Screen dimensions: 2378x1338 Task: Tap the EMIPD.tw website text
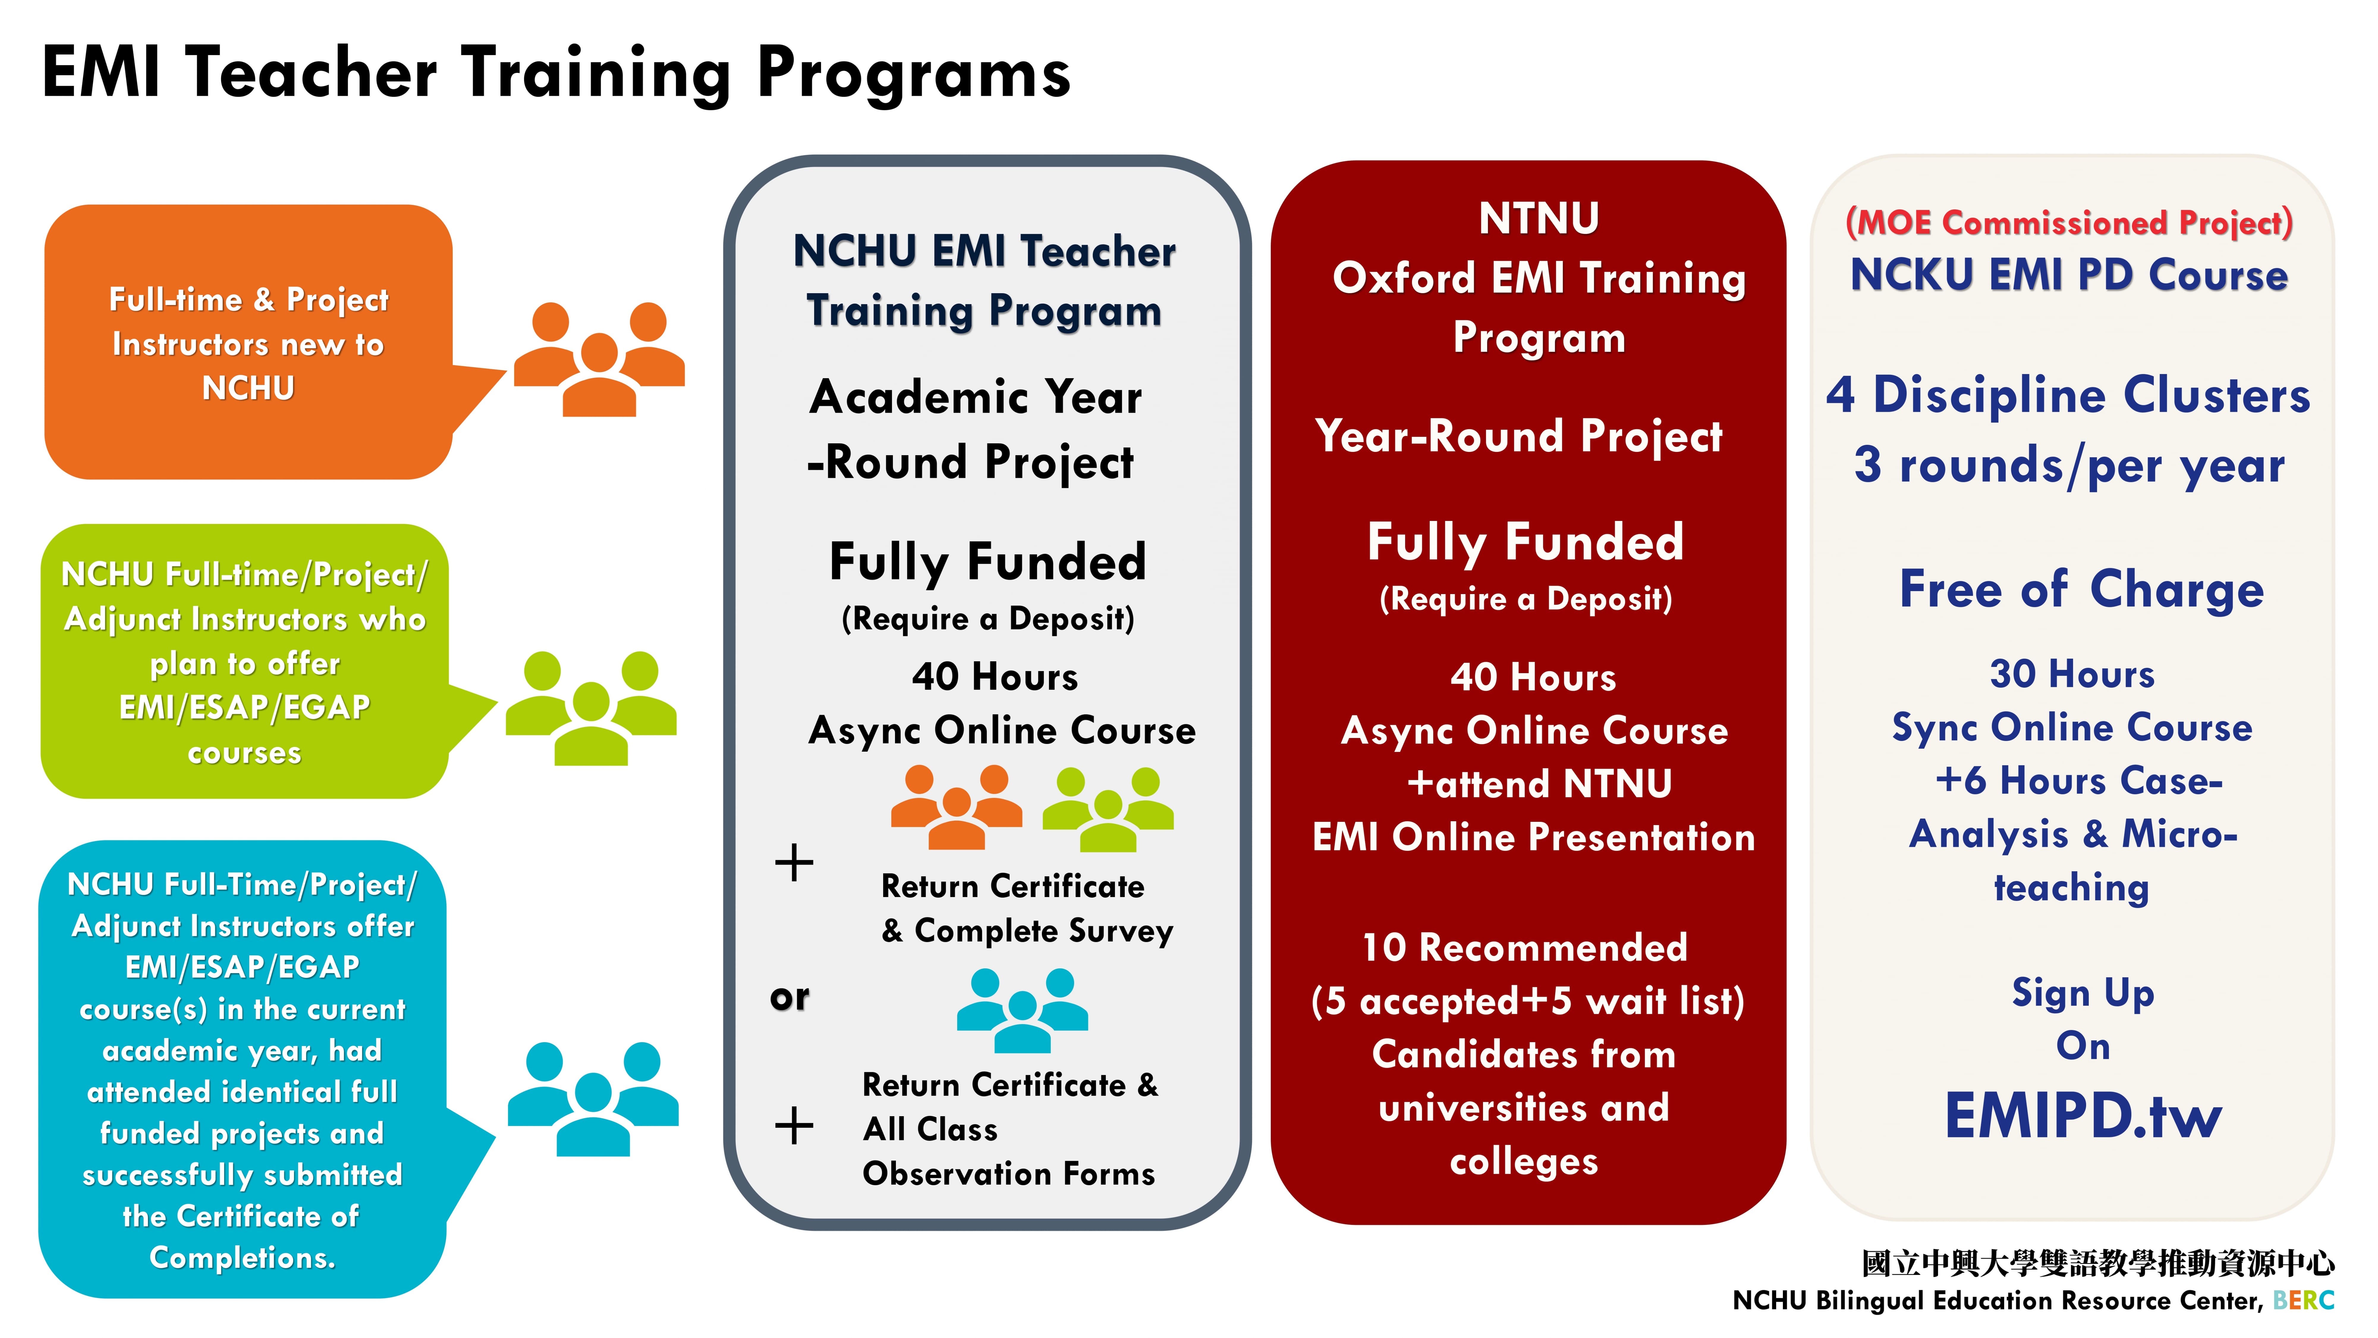tap(2083, 1116)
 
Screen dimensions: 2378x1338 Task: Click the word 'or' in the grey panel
tap(789, 997)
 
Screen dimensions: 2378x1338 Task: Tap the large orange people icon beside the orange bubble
tap(599, 359)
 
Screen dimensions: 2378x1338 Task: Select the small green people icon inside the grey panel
tap(1108, 809)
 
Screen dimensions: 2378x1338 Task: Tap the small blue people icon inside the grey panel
tap(1022, 1010)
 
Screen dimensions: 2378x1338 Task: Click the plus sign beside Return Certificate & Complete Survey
tap(794, 863)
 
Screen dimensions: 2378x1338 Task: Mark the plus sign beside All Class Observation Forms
tap(794, 1126)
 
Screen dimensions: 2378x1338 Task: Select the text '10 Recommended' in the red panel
tap(1525, 947)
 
